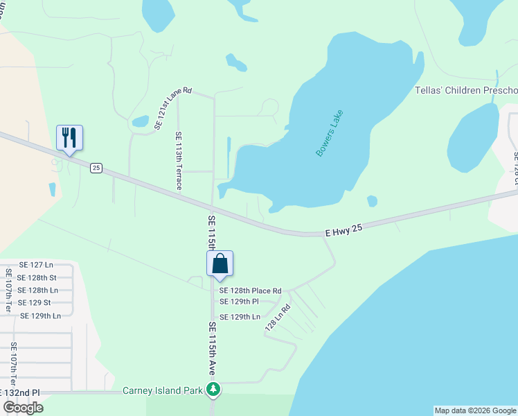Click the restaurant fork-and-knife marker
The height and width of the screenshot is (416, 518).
69,137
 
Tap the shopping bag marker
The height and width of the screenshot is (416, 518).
220,263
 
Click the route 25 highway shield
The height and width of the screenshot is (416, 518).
96,168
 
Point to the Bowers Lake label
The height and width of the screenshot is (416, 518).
330,132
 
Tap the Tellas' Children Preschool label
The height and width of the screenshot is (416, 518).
465,91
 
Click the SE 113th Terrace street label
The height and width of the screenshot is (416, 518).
179,161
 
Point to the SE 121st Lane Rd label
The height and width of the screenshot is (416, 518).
172,109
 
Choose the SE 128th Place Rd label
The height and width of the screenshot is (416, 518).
251,291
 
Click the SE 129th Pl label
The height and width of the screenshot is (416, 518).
239,302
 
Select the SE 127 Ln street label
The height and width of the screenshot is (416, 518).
36,265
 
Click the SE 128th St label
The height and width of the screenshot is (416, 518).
37,277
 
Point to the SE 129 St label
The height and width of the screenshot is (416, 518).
34,303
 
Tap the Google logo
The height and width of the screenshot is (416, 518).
23,408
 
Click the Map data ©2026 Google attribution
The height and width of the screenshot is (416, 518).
475,410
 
